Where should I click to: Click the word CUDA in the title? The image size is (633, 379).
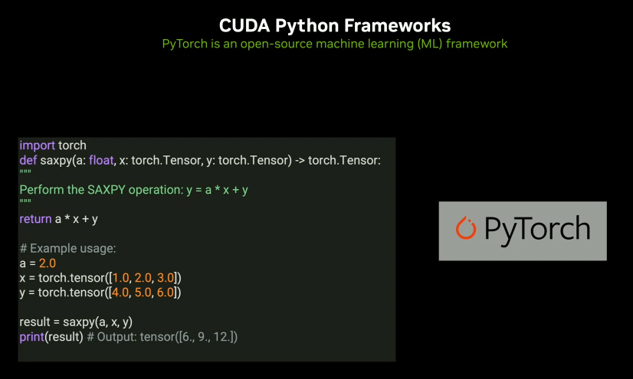tap(240, 27)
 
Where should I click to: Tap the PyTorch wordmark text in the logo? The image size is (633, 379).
tap(537, 229)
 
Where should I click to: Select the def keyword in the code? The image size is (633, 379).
tap(28, 160)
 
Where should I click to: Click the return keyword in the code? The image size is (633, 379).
tap(35, 219)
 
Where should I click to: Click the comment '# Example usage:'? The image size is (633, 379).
tap(67, 248)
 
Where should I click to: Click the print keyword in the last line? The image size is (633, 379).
tap(32, 337)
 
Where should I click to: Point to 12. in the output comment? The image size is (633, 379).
tap(221, 337)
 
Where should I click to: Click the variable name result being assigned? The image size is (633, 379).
tap(36, 322)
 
